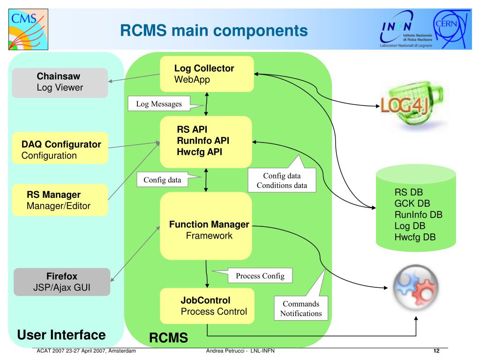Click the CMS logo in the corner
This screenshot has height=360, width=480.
click(x=28, y=30)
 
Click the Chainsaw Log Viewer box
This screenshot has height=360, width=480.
click(x=60, y=82)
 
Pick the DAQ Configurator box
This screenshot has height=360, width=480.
click(x=60, y=148)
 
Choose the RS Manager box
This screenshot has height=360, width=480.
click(x=60, y=200)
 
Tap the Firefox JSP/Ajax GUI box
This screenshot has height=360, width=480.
click(x=62, y=282)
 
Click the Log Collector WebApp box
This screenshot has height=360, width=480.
click(x=207, y=74)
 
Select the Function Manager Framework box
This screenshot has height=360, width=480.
click(x=206, y=226)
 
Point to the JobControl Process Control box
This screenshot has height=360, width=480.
click(x=207, y=306)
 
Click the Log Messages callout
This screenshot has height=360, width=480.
click(x=159, y=104)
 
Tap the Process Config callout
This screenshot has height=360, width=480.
click(x=260, y=276)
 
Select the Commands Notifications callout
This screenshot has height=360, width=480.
click(x=301, y=308)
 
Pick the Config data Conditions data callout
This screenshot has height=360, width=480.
click(x=282, y=180)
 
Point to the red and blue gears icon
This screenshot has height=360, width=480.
click(x=415, y=288)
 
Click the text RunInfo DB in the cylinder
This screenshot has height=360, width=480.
click(x=418, y=215)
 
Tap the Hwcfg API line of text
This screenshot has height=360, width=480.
click(x=199, y=152)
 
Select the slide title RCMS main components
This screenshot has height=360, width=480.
click(x=214, y=30)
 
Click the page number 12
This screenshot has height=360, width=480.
click(x=436, y=351)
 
